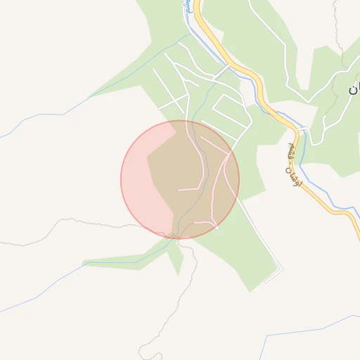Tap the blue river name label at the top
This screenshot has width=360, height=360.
pos(187,8)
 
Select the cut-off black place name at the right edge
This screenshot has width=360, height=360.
pos(353,87)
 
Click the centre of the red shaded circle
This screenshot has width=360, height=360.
pos(180,179)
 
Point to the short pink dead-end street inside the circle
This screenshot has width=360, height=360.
pos(190,189)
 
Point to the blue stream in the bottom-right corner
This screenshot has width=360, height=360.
pos(309,331)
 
